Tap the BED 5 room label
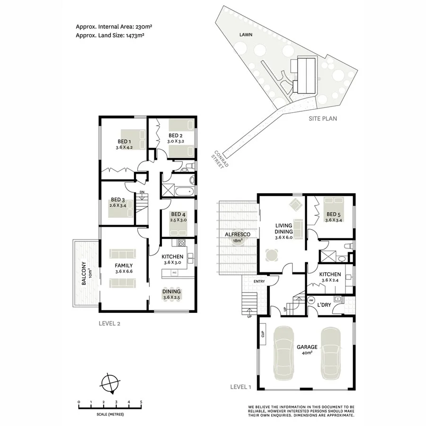[334, 214]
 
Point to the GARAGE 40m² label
[307, 347]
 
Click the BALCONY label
[84, 274]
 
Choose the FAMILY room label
[124, 266]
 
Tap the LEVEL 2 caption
[109, 324]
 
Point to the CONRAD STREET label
[221, 162]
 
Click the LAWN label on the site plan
[246, 35]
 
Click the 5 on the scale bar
[141, 402]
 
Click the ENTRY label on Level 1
[259, 282]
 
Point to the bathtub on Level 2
[184, 192]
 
